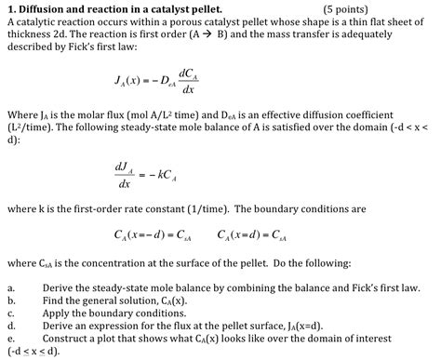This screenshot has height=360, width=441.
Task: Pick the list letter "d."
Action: click(11, 327)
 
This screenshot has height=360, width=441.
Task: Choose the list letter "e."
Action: click(11, 340)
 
